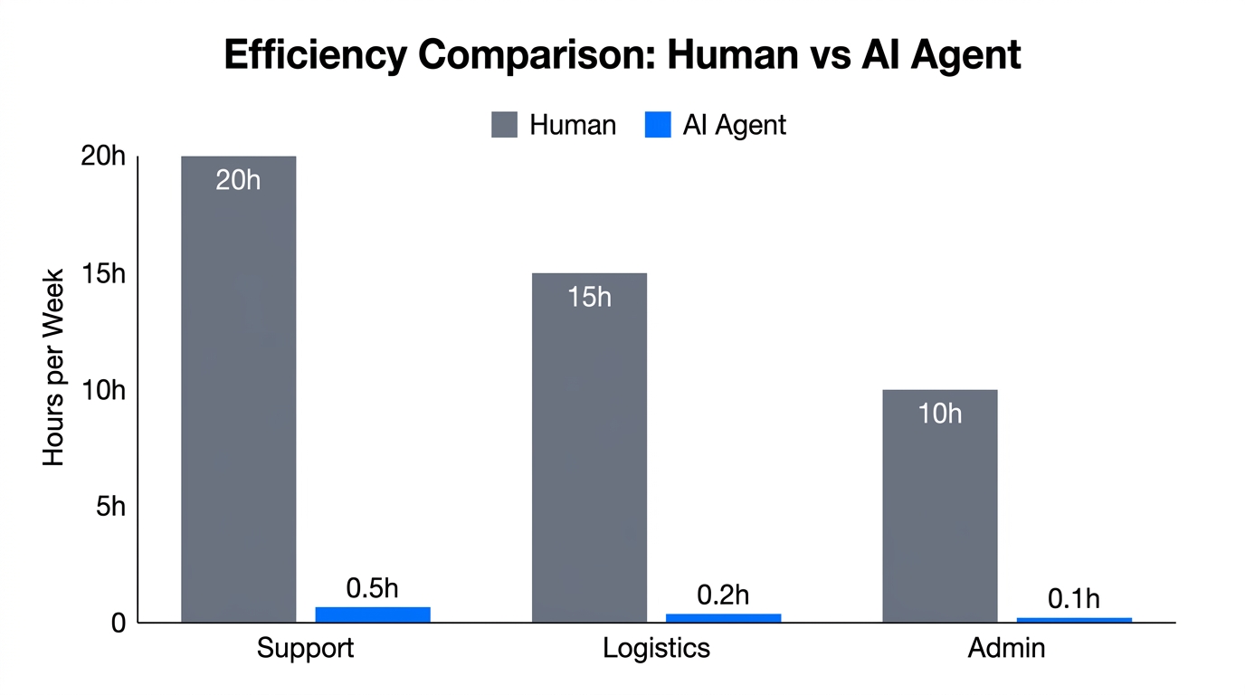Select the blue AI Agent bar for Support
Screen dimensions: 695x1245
tap(372, 614)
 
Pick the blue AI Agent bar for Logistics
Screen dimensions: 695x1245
tap(723, 618)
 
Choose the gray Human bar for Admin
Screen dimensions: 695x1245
tap(939, 506)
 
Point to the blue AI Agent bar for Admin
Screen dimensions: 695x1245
tap(1074, 620)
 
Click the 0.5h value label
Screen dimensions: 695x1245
tap(372, 588)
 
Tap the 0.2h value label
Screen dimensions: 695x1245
tap(723, 595)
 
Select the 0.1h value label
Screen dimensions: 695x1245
tap(1074, 599)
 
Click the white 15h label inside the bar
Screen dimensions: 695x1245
tap(589, 297)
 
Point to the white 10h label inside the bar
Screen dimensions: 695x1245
tap(939, 414)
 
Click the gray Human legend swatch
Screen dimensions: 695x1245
tap(504, 125)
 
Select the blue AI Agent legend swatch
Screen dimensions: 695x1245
tap(658, 125)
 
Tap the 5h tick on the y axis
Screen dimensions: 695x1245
tap(110, 507)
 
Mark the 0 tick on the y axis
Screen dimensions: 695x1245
tap(118, 624)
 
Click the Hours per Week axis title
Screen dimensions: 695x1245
tap(54, 367)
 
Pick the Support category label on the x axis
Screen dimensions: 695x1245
tap(305, 649)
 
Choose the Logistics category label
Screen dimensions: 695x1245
tap(656, 649)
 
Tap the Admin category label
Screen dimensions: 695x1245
tap(1006, 649)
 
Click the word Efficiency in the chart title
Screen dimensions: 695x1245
tap(314, 55)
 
